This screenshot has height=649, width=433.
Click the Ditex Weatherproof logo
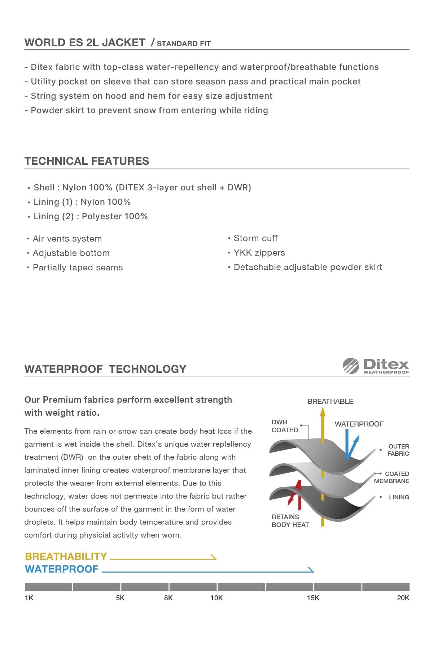coord(376,366)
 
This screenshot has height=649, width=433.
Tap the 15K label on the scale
coord(313,598)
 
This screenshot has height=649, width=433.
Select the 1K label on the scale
coord(29,598)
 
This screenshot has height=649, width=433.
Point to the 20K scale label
coord(403,598)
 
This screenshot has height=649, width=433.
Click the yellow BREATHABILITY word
coord(66,556)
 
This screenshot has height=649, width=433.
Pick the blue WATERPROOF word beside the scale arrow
coord(62,569)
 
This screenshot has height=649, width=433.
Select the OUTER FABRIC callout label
coord(398,450)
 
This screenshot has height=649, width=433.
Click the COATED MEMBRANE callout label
coord(392,477)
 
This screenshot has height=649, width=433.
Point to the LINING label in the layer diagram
coord(399,497)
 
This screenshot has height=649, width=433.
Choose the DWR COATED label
coord(285,426)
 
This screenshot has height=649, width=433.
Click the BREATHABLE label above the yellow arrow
coord(330,401)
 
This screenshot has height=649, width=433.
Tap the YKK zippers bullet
coord(259,253)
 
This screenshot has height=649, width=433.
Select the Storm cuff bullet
coord(255,238)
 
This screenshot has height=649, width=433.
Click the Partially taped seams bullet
coord(78,268)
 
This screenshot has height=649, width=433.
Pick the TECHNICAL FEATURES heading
coord(87,161)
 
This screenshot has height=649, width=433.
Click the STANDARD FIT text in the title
coord(184,44)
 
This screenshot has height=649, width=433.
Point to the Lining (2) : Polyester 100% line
coord(91,216)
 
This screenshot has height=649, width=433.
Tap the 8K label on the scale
coord(168,598)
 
